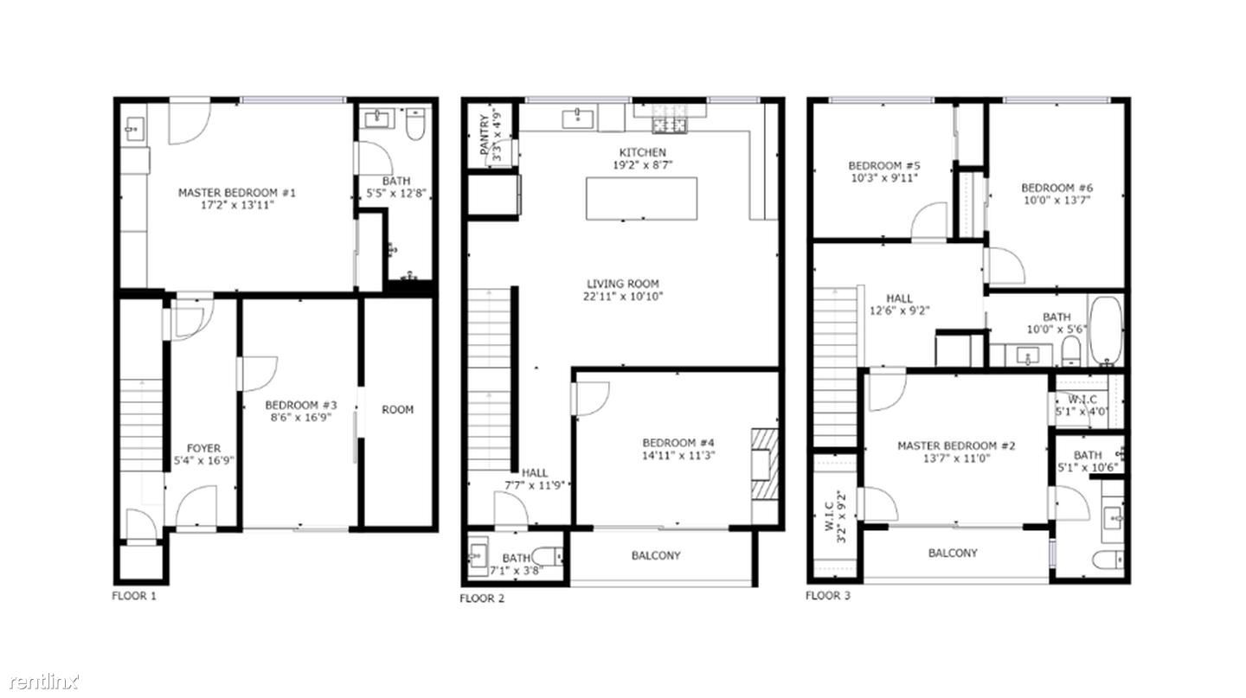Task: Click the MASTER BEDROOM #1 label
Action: pos(236,192)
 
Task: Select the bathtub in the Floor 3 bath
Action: pos(1105,330)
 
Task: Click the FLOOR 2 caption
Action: pos(482,598)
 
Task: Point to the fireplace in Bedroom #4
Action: pos(764,464)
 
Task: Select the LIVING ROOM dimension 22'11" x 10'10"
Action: pos(623,297)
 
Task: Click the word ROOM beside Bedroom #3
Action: pos(397,409)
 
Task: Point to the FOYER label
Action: pos(203,448)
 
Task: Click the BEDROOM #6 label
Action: pos(1057,188)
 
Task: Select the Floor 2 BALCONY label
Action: pos(655,555)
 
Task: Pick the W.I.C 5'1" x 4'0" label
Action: pos(1082,406)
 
